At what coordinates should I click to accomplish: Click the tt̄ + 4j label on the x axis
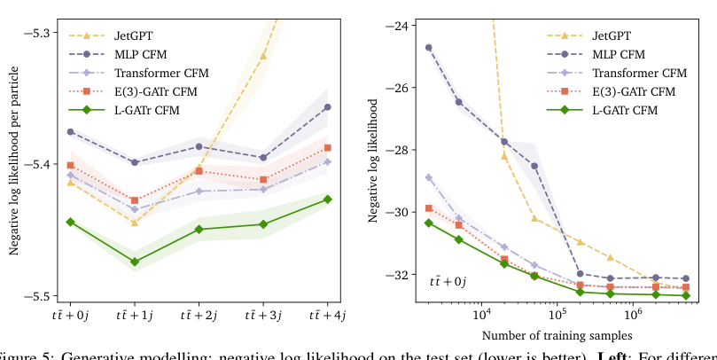pyautogui.click(x=327, y=314)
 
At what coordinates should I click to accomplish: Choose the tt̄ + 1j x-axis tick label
pyautogui.click(x=135, y=314)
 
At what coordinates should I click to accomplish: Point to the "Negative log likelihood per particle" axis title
pyautogui.click(x=14, y=164)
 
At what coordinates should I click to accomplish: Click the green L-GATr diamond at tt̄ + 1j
pyautogui.click(x=135, y=262)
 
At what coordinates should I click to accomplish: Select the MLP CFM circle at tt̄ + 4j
pyautogui.click(x=327, y=107)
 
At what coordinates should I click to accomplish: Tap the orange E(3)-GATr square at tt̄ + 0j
pyautogui.click(x=71, y=165)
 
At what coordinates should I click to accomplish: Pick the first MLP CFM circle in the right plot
pyautogui.click(x=429, y=48)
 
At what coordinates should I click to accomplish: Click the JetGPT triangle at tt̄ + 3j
pyautogui.click(x=263, y=56)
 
